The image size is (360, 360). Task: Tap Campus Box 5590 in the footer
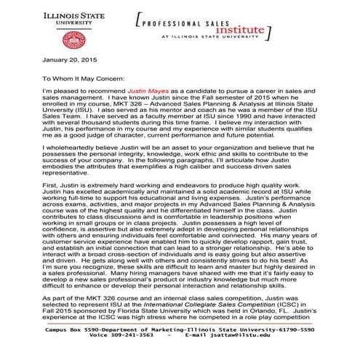pos(69,329)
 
